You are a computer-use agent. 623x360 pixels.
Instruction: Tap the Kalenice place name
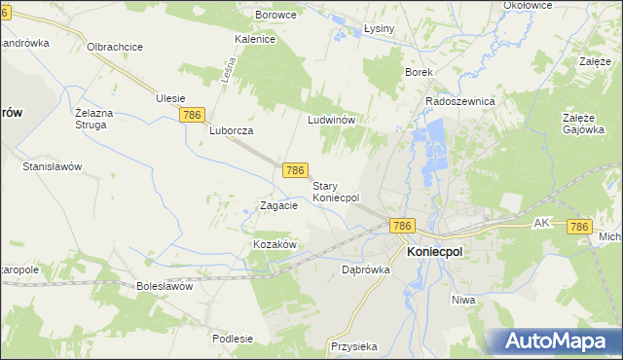click(256, 40)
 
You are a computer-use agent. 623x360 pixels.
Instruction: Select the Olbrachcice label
click(116, 47)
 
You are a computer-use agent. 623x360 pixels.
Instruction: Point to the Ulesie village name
click(170, 97)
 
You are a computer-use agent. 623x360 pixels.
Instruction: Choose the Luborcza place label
click(232, 130)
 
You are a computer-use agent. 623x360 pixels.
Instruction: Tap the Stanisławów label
click(52, 166)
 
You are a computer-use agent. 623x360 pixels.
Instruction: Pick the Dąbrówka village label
click(366, 270)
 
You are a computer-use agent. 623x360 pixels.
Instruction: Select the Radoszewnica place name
click(460, 101)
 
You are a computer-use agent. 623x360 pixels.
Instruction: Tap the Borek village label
click(419, 72)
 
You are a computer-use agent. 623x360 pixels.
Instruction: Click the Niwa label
click(463, 300)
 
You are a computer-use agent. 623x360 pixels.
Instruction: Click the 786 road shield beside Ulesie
click(193, 115)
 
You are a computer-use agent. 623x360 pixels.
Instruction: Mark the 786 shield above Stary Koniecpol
click(297, 170)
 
